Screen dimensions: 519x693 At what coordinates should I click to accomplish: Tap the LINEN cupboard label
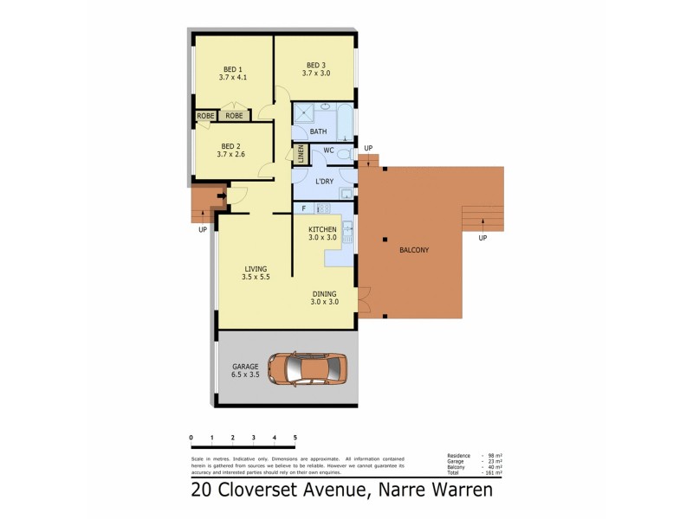pyautogui.click(x=301, y=155)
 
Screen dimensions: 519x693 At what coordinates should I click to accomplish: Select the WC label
pyautogui.click(x=328, y=151)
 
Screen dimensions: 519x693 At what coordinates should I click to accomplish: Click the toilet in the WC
pyautogui.click(x=345, y=154)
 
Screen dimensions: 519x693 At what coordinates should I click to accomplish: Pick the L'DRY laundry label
pyautogui.click(x=325, y=181)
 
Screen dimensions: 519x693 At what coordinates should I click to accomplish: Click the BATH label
pyautogui.click(x=319, y=131)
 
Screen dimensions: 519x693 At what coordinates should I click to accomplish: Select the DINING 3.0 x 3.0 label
pyautogui.click(x=325, y=298)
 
